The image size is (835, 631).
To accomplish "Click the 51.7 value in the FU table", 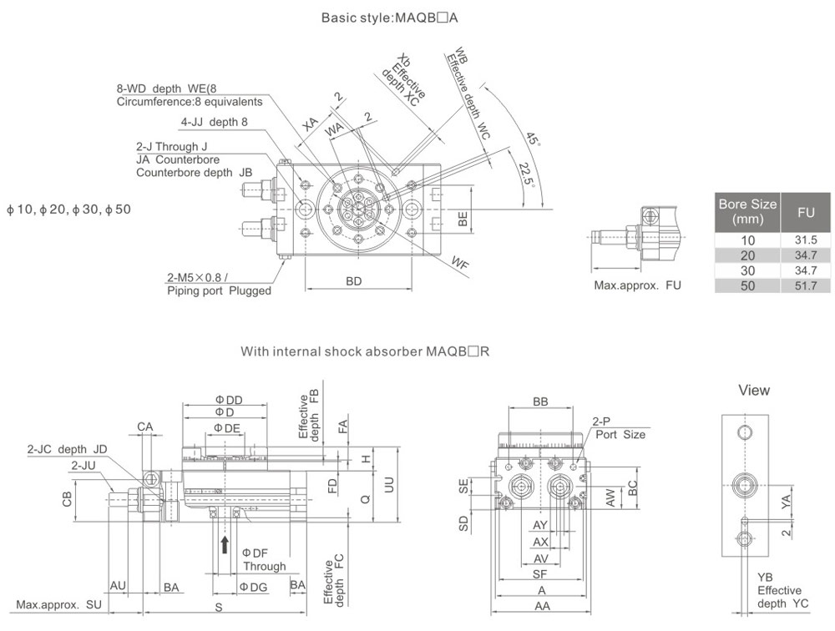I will point(805,285).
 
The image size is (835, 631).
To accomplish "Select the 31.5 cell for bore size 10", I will point(805,240).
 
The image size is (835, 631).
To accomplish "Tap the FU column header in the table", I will point(805,213).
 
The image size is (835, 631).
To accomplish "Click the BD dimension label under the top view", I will point(354,281).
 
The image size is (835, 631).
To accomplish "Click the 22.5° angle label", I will point(525,174).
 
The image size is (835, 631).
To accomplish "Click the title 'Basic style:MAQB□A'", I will point(389,18).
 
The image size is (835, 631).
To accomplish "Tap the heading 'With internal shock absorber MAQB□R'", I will point(365,351).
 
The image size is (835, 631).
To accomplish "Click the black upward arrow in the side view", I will point(225,544).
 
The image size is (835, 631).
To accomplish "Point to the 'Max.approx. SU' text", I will point(58,604).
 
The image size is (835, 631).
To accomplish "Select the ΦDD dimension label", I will point(228,400).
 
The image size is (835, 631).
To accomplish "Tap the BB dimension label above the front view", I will point(540,401).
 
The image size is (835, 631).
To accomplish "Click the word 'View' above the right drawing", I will point(754,391).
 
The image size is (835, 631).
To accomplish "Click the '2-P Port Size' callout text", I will point(619,428).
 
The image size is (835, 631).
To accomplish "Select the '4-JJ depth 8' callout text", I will point(215,122).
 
